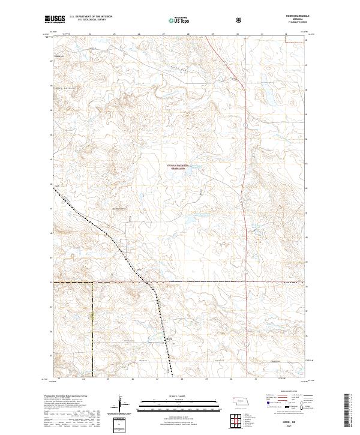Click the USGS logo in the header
[56, 20]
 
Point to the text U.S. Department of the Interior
[91, 17]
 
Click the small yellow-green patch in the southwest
[92, 315]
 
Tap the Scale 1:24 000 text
[180, 396]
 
